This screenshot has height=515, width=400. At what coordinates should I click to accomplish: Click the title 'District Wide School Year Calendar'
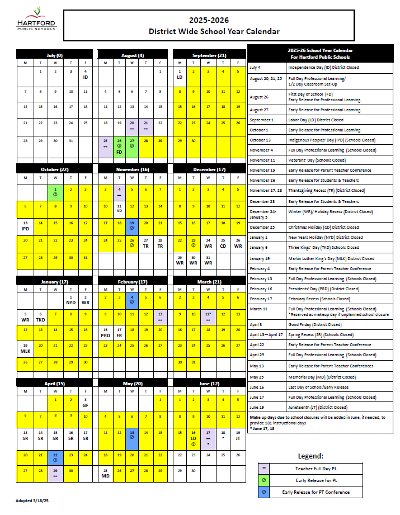pyautogui.click(x=214, y=31)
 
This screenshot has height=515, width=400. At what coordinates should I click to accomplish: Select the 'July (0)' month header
pyautogui.click(x=55, y=55)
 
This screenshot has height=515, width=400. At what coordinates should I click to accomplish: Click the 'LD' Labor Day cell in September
pyautogui.click(x=180, y=74)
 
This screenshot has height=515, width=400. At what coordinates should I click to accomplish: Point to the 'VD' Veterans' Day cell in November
pyautogui.click(x=119, y=208)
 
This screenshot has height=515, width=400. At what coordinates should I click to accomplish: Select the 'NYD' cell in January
pyautogui.click(x=71, y=300)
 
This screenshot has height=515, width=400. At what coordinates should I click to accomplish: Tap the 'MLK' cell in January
pyautogui.click(x=25, y=349)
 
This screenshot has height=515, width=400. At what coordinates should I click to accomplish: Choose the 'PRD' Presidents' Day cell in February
pyautogui.click(x=105, y=333)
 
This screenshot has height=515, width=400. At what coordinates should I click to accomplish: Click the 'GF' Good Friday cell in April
pyautogui.click(x=86, y=403)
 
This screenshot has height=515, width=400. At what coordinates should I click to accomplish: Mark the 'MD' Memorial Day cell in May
pyautogui.click(x=105, y=473)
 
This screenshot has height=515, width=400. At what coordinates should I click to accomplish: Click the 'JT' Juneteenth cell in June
pyautogui.click(x=238, y=435)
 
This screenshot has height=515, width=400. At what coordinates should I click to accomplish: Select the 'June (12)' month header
pyautogui.click(x=209, y=384)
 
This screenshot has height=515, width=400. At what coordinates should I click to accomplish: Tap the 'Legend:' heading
pyautogui.click(x=310, y=456)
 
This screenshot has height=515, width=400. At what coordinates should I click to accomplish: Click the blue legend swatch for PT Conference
pyautogui.click(x=263, y=492)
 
